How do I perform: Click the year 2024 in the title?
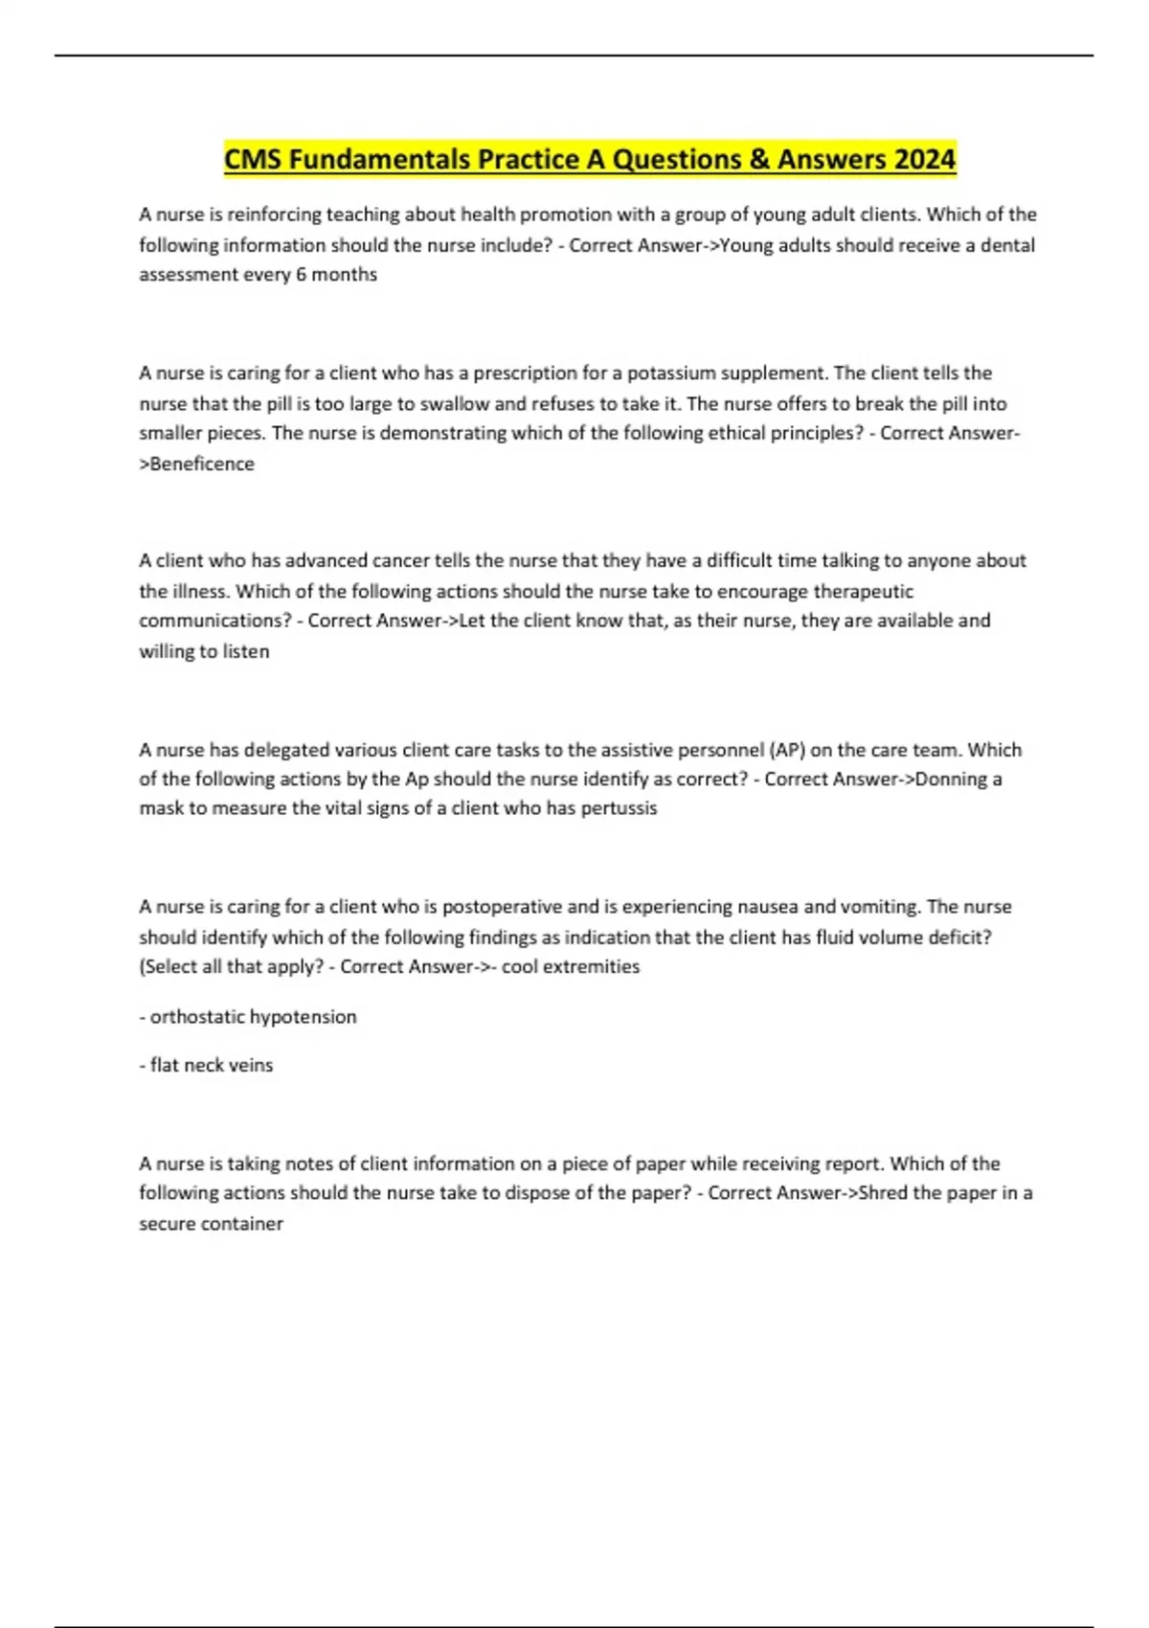click(924, 159)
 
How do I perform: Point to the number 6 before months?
click(301, 275)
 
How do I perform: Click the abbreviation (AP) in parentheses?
click(787, 750)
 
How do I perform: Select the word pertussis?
click(619, 808)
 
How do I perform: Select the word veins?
click(251, 1065)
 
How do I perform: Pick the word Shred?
click(884, 1193)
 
